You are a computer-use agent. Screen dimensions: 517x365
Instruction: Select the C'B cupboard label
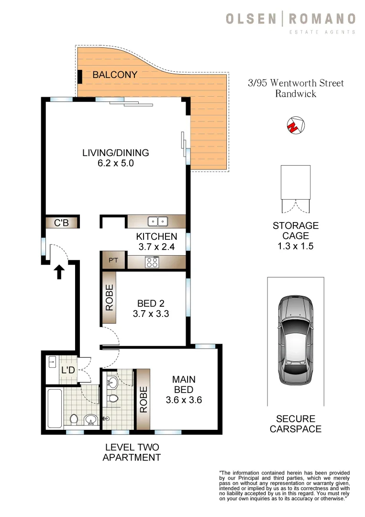pos(61,223)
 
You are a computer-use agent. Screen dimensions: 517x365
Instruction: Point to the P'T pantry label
pos(113,261)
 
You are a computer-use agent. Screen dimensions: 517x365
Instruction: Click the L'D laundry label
pos(67,370)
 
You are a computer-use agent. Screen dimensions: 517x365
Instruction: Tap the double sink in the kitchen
pos(157,221)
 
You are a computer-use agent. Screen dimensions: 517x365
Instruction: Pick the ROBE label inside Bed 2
pos(109,298)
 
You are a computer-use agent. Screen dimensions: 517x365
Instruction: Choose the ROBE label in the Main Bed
pos(143,399)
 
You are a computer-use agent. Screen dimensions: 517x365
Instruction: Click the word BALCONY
pos(115,75)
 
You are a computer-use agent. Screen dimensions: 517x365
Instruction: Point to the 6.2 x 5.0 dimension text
pos(116,163)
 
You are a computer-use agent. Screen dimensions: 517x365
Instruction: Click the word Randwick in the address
pos(296,94)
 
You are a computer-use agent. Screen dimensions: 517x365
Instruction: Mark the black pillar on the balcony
pos(80,76)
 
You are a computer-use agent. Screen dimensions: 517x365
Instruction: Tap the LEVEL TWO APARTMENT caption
pos(132,452)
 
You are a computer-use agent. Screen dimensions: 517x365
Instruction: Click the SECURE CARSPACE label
pos(295,424)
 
